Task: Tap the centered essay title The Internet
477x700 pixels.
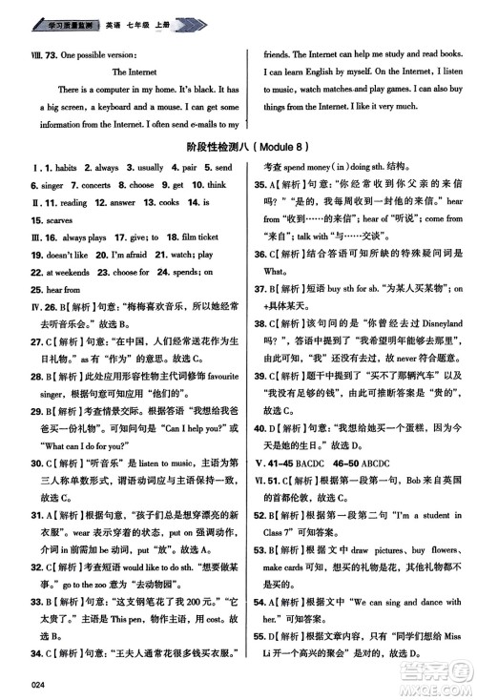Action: (133, 71)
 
